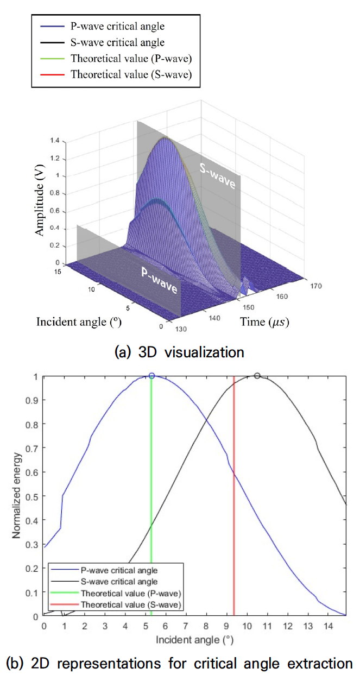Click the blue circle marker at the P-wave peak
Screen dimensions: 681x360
pos(151,376)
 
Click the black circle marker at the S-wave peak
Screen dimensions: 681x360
pos(257,376)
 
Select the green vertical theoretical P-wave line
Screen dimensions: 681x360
pos(151,489)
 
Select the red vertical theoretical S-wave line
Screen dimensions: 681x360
pos(234,489)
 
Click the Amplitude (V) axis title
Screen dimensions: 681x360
pos(40,201)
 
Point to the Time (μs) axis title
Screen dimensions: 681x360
pos(264,322)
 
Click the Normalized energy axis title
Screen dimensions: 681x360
pos(17,495)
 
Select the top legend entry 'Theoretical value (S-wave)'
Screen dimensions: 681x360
pos(131,75)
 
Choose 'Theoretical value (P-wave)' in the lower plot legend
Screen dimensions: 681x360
pos(131,592)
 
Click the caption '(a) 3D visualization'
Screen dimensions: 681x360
pos(179,352)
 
